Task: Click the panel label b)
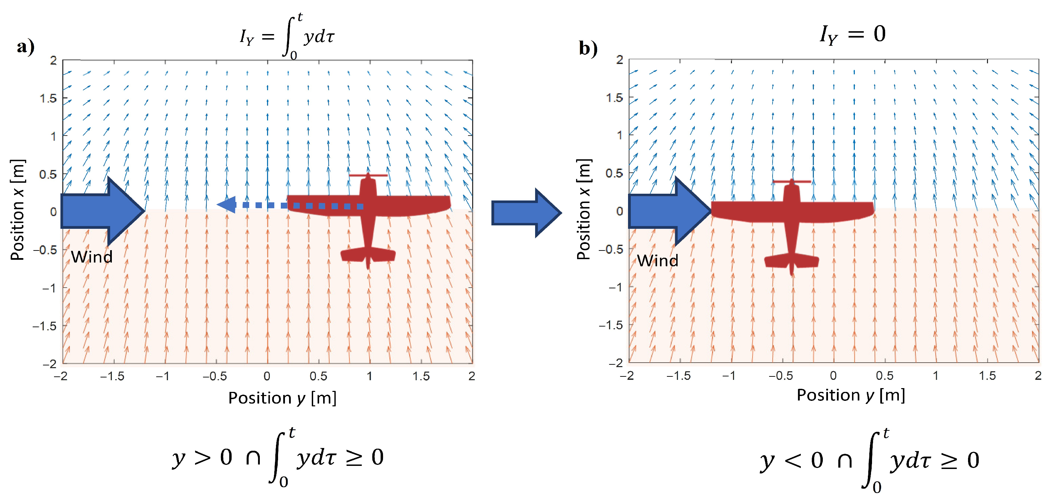click(x=588, y=49)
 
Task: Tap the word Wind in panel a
click(x=92, y=257)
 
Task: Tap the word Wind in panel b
click(x=658, y=260)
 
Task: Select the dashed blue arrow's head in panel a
click(x=227, y=205)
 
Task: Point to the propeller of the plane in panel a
click(x=368, y=175)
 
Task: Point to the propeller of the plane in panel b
click(x=792, y=181)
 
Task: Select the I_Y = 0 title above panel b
click(x=853, y=34)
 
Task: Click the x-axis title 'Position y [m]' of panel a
click(x=282, y=398)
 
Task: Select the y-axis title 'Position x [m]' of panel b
click(x=584, y=209)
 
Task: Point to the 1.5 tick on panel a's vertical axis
click(x=48, y=98)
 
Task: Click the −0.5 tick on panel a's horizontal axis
click(x=215, y=376)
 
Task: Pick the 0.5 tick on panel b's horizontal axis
click(x=884, y=375)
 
